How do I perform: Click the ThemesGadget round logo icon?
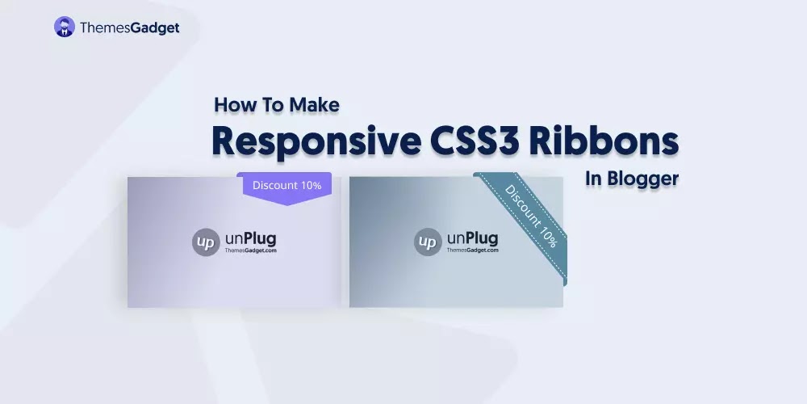click(65, 27)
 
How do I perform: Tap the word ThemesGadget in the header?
click(129, 27)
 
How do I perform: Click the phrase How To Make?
click(277, 104)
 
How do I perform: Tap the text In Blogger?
click(632, 179)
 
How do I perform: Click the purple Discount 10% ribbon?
click(286, 185)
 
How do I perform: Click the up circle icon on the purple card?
click(205, 242)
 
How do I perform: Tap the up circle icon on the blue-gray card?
click(427, 242)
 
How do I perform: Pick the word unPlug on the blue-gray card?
click(473, 238)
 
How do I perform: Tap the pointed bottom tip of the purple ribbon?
click(286, 204)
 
